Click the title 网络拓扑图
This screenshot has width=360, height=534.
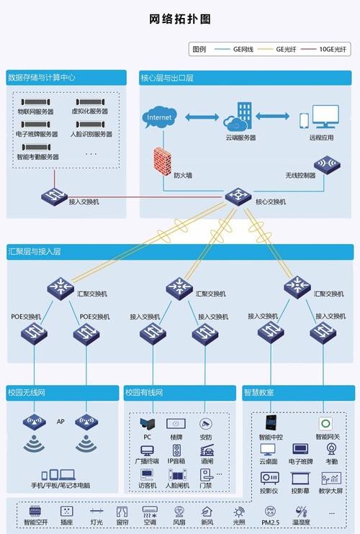180,19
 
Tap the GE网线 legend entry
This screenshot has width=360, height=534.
241,49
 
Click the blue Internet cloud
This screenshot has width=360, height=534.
159,117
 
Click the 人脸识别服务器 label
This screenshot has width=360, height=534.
91,135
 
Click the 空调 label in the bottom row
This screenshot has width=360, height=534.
149,522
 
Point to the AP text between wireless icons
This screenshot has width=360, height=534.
61,421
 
